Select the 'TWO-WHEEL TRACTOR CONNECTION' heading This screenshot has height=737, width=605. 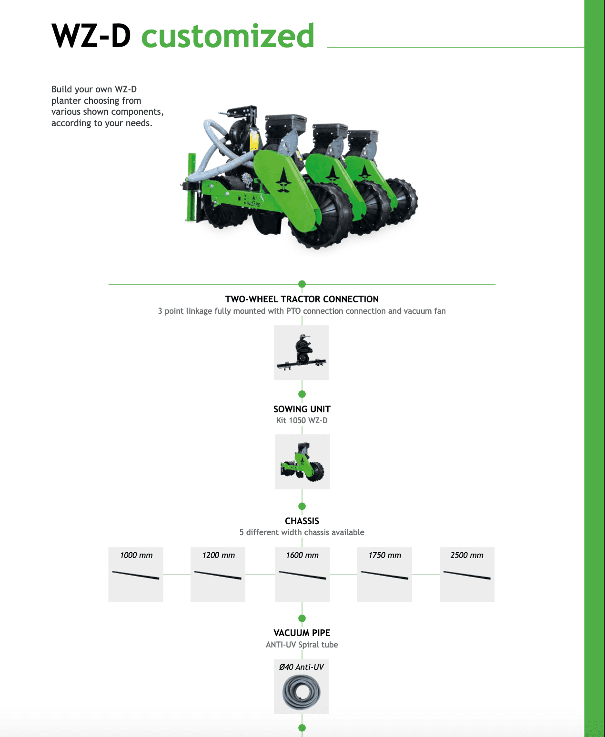pyautogui.click(x=302, y=299)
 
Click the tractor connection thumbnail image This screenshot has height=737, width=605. pyautogui.click(x=301, y=352)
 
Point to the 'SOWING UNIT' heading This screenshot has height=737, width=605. pyautogui.click(x=302, y=409)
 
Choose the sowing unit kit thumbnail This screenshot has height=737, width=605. pyautogui.click(x=302, y=462)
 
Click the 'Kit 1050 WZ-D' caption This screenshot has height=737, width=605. pyautogui.click(x=302, y=420)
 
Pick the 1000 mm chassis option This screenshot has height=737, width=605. pyautogui.click(x=136, y=575)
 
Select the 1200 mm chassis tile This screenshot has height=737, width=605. pyautogui.click(x=218, y=575)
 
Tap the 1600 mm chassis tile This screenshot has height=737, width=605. pyautogui.click(x=302, y=575)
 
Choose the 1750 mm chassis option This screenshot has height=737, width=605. pyautogui.click(x=385, y=575)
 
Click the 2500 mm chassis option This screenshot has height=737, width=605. pyautogui.click(x=467, y=575)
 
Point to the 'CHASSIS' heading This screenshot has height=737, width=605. pyautogui.click(x=302, y=521)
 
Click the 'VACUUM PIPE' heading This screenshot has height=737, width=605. pyautogui.click(x=302, y=633)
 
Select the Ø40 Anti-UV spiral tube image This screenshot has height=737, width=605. pyautogui.click(x=301, y=687)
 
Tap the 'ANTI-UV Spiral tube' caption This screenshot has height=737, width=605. pyautogui.click(x=302, y=645)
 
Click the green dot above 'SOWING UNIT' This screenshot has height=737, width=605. pyautogui.click(x=302, y=394)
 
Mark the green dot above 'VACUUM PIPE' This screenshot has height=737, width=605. pyautogui.click(x=302, y=618)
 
